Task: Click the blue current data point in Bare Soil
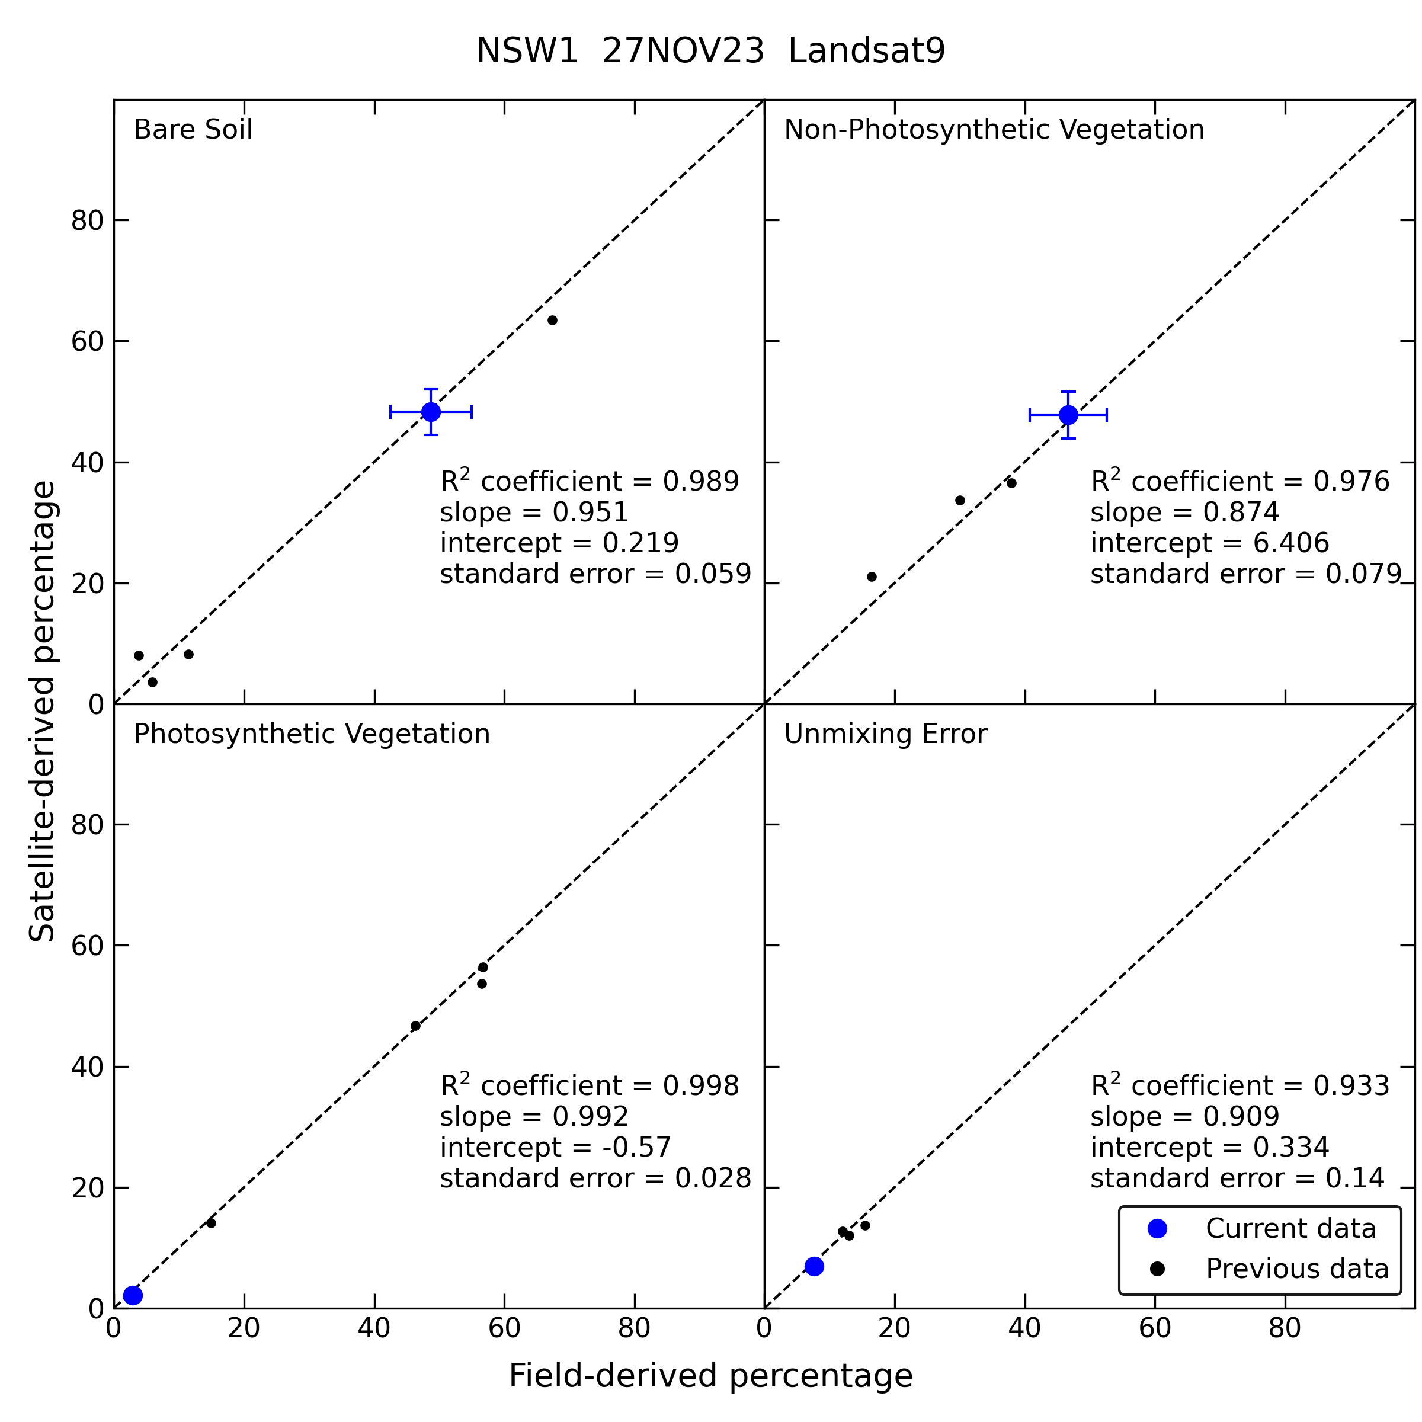(431, 412)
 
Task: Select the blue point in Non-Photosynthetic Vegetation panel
(1068, 415)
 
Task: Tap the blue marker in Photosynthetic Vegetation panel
(133, 1295)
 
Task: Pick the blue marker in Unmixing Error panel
(814, 1267)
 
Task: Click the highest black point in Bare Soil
(552, 320)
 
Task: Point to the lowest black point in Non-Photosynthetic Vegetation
(872, 577)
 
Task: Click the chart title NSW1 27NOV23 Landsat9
(710, 52)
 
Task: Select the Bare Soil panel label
(193, 130)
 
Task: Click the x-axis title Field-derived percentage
(710, 1376)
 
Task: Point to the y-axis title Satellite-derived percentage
(42, 711)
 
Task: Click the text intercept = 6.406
(1209, 543)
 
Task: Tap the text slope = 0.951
(534, 513)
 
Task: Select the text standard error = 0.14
(1237, 1178)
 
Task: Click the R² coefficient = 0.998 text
(590, 1085)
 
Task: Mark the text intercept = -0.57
(556, 1148)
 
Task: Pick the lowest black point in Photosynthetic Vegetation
(212, 1224)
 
